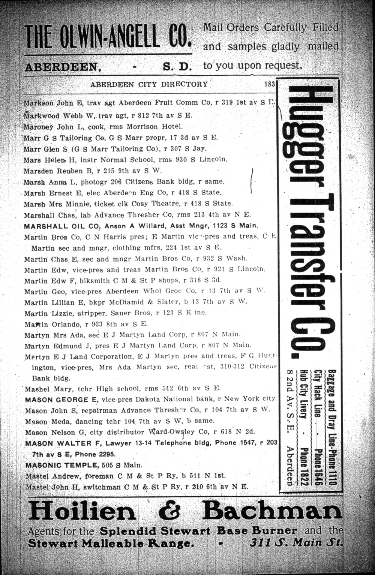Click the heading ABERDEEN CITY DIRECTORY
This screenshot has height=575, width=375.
click(148, 84)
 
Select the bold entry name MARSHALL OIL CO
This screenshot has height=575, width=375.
click(63, 226)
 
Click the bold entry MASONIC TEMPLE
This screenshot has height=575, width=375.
click(62, 465)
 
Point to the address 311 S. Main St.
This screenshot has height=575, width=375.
click(295, 542)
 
